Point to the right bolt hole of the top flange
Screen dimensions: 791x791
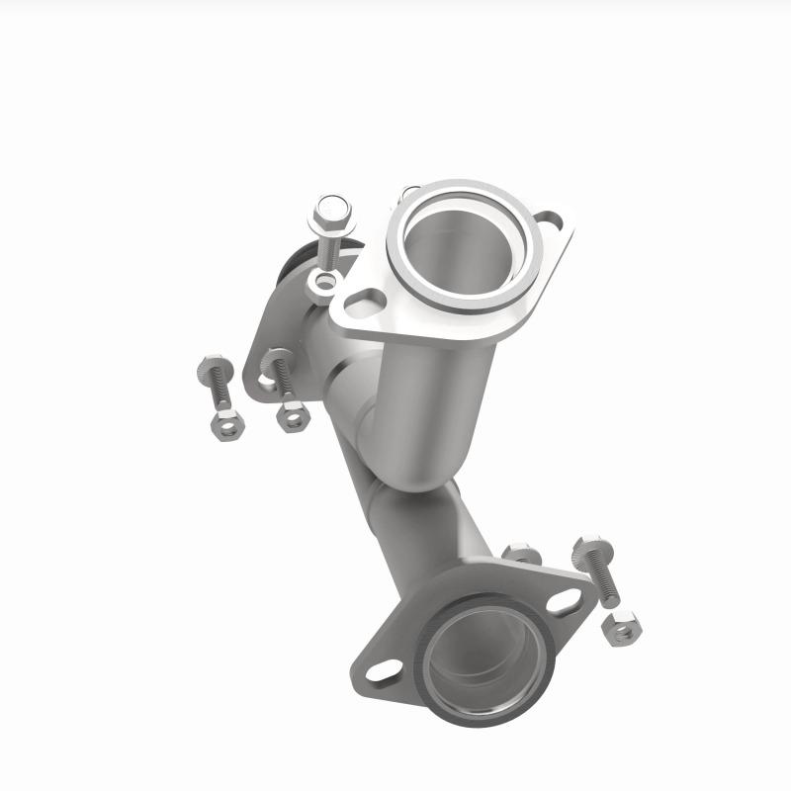(551, 223)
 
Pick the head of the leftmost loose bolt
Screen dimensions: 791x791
(213, 370)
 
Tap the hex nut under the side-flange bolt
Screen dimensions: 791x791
(293, 415)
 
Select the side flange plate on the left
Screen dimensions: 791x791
(259, 346)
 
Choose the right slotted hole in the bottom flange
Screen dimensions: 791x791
(565, 600)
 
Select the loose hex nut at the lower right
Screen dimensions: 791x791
(620, 627)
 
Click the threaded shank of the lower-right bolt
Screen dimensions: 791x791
(602, 584)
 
